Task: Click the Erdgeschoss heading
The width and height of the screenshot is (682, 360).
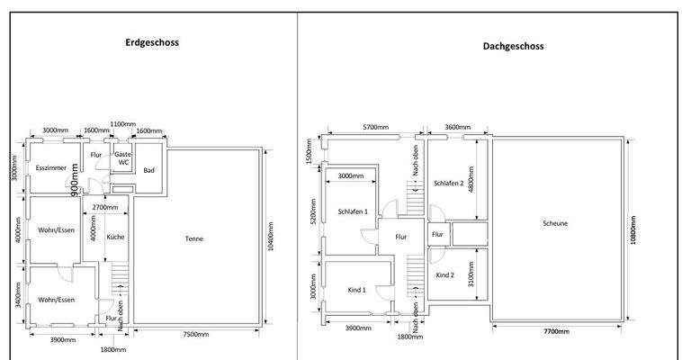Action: (151, 41)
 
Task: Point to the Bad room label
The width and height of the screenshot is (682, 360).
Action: (149, 170)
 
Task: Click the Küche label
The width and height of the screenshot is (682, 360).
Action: (116, 238)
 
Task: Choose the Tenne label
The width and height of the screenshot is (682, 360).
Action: (193, 238)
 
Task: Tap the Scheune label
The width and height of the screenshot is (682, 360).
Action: (554, 224)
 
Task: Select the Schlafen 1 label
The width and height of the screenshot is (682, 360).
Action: (354, 211)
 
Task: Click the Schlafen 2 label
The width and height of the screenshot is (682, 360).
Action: (447, 183)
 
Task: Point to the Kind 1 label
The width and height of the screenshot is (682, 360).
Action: (356, 290)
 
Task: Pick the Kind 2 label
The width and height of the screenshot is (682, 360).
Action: (445, 274)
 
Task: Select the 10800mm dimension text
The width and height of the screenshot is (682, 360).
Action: (633, 230)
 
